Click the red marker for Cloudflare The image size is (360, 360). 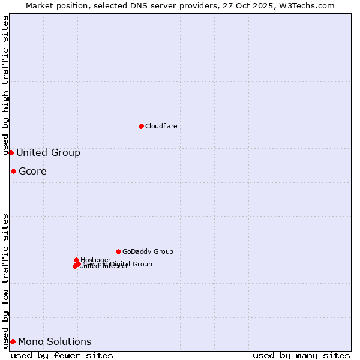tap(141, 126)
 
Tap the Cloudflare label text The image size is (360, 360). tap(161, 126)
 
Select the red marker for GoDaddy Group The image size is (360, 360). tap(118, 251)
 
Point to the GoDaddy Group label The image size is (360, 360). tap(148, 252)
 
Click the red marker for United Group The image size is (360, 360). tap(11, 152)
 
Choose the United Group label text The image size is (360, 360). tap(48, 153)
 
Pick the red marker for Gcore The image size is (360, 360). tap(13, 171)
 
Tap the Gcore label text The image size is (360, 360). tap(32, 172)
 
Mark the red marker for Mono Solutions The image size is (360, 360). tap(13, 341)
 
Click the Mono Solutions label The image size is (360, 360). tap(55, 342)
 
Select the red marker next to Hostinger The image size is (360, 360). tap(76, 260)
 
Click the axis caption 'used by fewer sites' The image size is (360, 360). tap(62, 355)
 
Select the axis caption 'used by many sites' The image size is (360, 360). tap(301, 355)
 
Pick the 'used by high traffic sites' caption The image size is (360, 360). tap(6, 85)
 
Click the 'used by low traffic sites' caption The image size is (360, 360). tap(6, 280)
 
